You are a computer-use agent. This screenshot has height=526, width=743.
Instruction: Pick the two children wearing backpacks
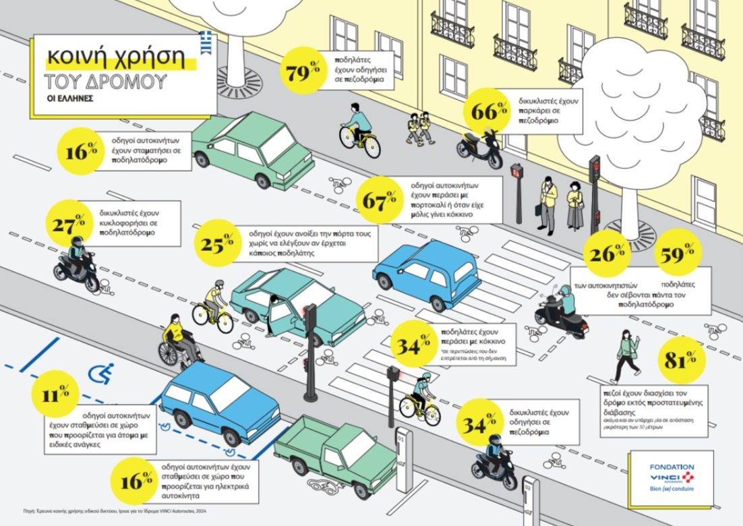point(419,127)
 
